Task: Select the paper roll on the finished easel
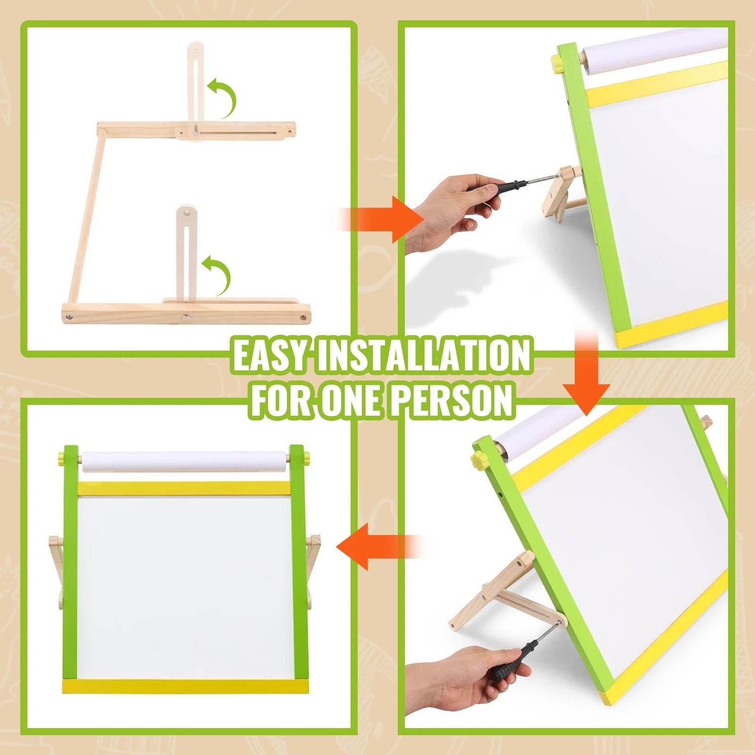184,461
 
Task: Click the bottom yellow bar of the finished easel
185,686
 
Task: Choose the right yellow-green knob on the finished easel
307,457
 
